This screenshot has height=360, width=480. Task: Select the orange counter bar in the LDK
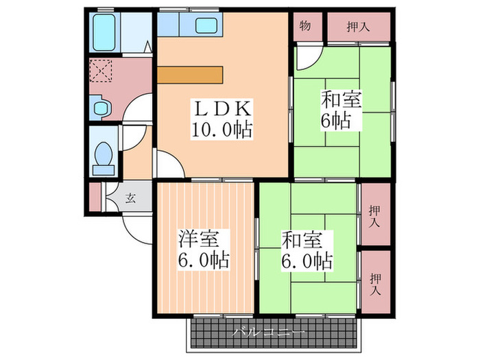point(190,74)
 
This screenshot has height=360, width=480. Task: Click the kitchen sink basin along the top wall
point(206,26)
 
